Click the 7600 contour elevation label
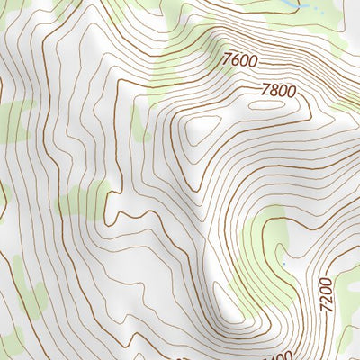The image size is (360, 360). (x=239, y=61)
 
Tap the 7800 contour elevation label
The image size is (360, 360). (x=278, y=90)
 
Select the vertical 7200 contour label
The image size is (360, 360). (x=326, y=293)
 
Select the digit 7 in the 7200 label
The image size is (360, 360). (x=325, y=307)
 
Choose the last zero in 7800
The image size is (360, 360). (x=291, y=93)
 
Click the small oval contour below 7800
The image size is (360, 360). (x=265, y=105)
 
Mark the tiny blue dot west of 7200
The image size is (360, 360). (x=283, y=263)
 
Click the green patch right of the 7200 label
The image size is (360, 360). (x=346, y=337)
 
